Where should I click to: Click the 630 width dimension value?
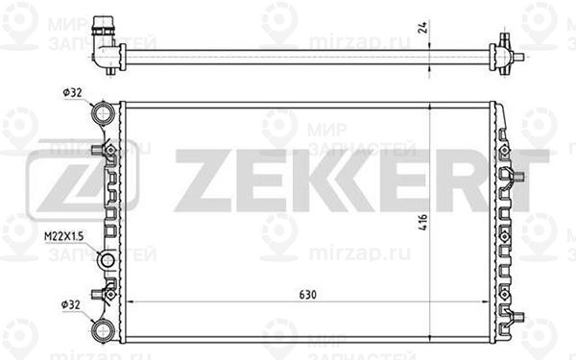point(307,293)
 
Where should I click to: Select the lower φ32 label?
point(72,305)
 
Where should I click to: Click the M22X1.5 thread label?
point(62,236)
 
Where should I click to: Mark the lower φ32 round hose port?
point(101,328)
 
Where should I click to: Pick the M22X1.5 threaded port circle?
point(108,261)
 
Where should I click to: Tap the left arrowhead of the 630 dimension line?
point(129,300)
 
